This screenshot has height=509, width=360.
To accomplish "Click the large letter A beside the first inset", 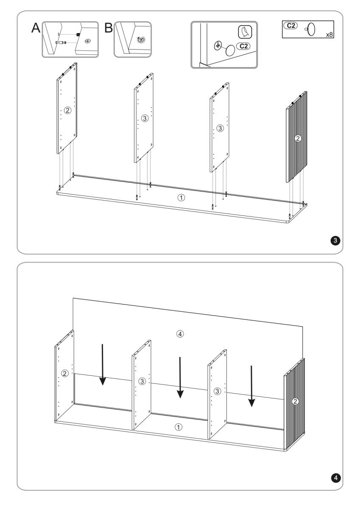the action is [x=36, y=28].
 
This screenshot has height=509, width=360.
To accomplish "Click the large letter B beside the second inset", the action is [x=109, y=28].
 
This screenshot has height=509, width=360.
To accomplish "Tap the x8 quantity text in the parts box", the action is [x=329, y=34].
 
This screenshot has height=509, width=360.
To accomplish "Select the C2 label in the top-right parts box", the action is [x=291, y=25].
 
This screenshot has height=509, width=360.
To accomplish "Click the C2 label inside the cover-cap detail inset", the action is [x=243, y=46].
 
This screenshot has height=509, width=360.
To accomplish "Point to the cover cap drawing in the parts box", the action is [x=310, y=29].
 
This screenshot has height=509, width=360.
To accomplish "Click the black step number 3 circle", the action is [x=335, y=241].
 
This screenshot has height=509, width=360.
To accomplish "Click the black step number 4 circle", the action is [x=336, y=478].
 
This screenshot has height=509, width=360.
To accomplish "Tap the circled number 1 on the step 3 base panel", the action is [x=181, y=198].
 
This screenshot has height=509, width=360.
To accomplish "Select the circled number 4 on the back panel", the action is [x=180, y=334].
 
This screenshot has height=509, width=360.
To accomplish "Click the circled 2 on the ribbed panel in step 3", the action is [x=298, y=138].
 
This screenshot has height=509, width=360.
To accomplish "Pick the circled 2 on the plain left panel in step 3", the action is [x=67, y=110].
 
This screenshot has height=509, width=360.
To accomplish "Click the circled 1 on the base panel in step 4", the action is [x=178, y=427].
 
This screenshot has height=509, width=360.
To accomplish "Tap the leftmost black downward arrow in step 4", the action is [x=103, y=364].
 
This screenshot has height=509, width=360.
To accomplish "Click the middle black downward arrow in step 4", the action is [x=180, y=378].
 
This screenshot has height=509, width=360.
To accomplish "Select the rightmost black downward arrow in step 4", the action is [x=251, y=386].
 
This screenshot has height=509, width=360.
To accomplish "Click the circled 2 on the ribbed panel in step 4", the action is [x=295, y=402].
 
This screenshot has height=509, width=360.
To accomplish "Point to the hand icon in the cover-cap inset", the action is [x=245, y=32].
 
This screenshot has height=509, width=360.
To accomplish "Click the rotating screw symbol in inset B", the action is [x=141, y=40].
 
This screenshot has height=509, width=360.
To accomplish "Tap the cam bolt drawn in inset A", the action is [x=60, y=42].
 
